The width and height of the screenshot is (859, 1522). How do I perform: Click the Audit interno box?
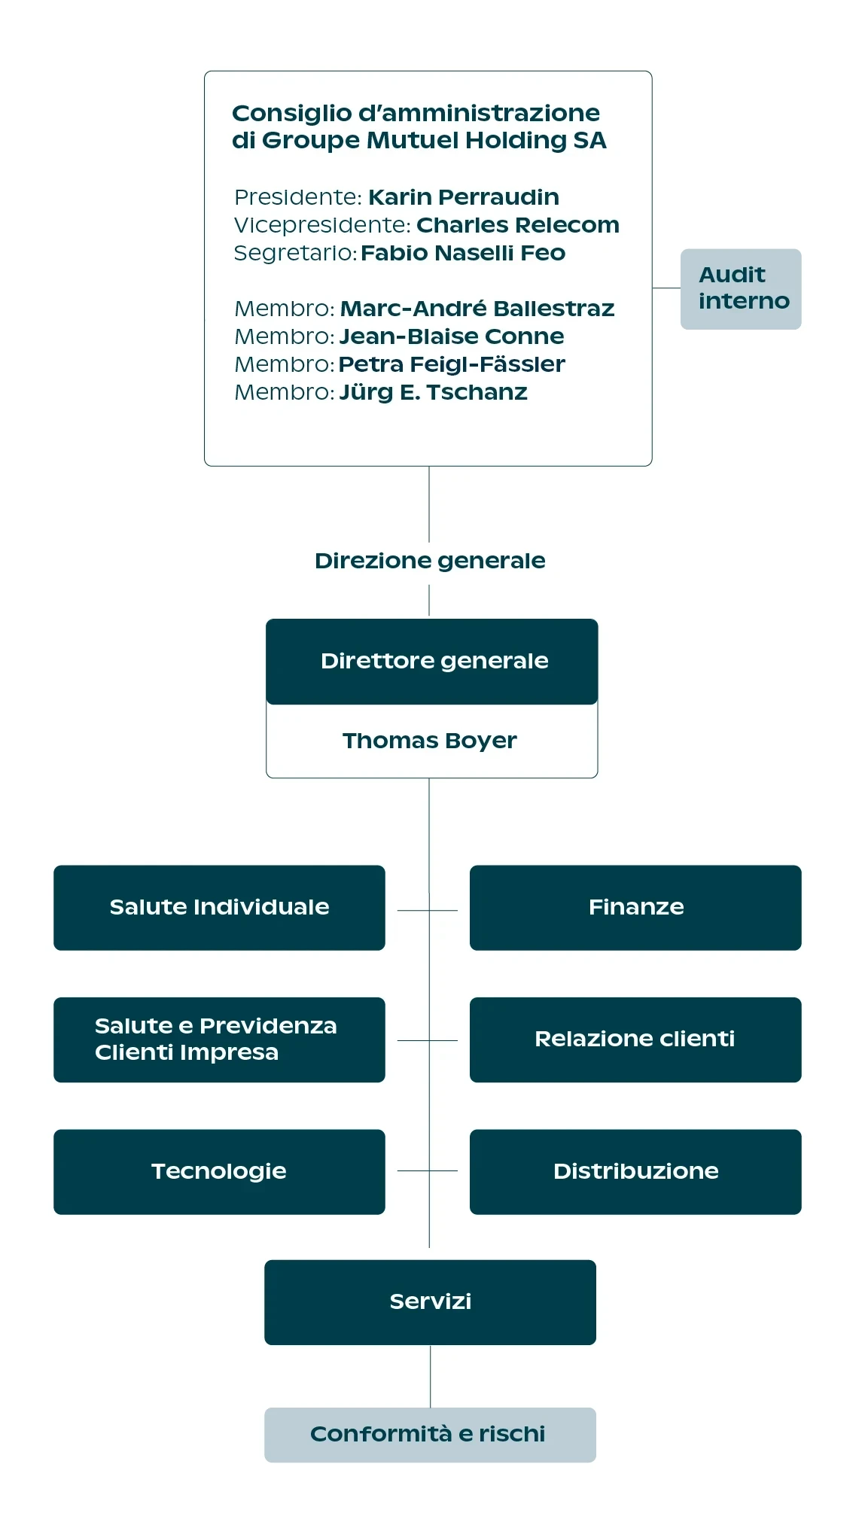pyautogui.click(x=741, y=289)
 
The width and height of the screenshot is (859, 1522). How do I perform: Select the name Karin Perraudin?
pyautogui.click(x=464, y=197)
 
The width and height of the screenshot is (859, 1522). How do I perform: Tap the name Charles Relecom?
pyautogui.click(x=518, y=225)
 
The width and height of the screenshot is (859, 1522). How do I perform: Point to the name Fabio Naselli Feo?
pyautogui.click(x=463, y=253)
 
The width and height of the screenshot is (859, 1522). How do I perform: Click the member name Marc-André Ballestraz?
pyautogui.click(x=477, y=309)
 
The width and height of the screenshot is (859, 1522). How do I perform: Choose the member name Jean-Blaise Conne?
pyautogui.click(x=452, y=336)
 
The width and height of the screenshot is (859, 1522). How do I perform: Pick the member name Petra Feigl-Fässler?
pyautogui.click(x=452, y=364)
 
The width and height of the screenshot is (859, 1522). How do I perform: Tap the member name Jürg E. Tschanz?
pyautogui.click(x=434, y=393)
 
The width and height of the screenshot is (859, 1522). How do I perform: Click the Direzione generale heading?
pyautogui.click(x=430, y=561)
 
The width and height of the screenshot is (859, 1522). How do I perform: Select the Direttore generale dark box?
pyautogui.click(x=432, y=662)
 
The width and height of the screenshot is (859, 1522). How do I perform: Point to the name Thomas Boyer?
pyautogui.click(x=430, y=741)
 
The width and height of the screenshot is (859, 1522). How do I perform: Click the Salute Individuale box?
pyautogui.click(x=219, y=908)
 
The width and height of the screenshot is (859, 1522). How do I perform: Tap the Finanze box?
pyautogui.click(x=635, y=908)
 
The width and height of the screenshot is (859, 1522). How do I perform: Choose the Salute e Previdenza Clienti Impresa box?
pyautogui.click(x=219, y=1040)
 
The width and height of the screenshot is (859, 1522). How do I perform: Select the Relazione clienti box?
pyautogui.click(x=635, y=1040)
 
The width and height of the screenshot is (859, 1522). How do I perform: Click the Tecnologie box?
pyautogui.click(x=219, y=1172)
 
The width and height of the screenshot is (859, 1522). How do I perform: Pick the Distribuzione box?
pyautogui.click(x=635, y=1172)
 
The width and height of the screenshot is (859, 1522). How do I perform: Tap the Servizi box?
pyautogui.click(x=430, y=1302)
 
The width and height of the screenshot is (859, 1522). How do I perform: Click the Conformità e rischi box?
pyautogui.click(x=430, y=1435)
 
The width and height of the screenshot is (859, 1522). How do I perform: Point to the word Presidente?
pyautogui.click(x=298, y=197)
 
